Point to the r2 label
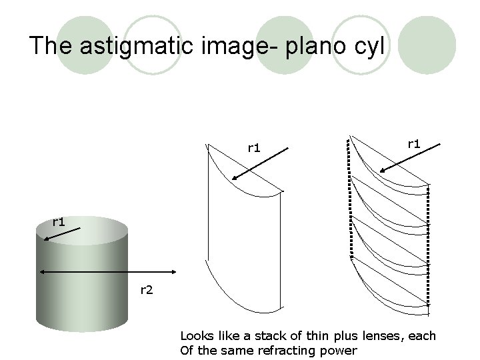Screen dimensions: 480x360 (x=146, y=289)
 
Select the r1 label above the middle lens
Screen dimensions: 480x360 (x=253, y=147)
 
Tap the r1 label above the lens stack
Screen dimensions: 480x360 (x=413, y=143)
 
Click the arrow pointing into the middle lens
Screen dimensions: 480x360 (x=260, y=164)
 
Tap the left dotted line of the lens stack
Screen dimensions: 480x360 (x=349, y=200)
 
